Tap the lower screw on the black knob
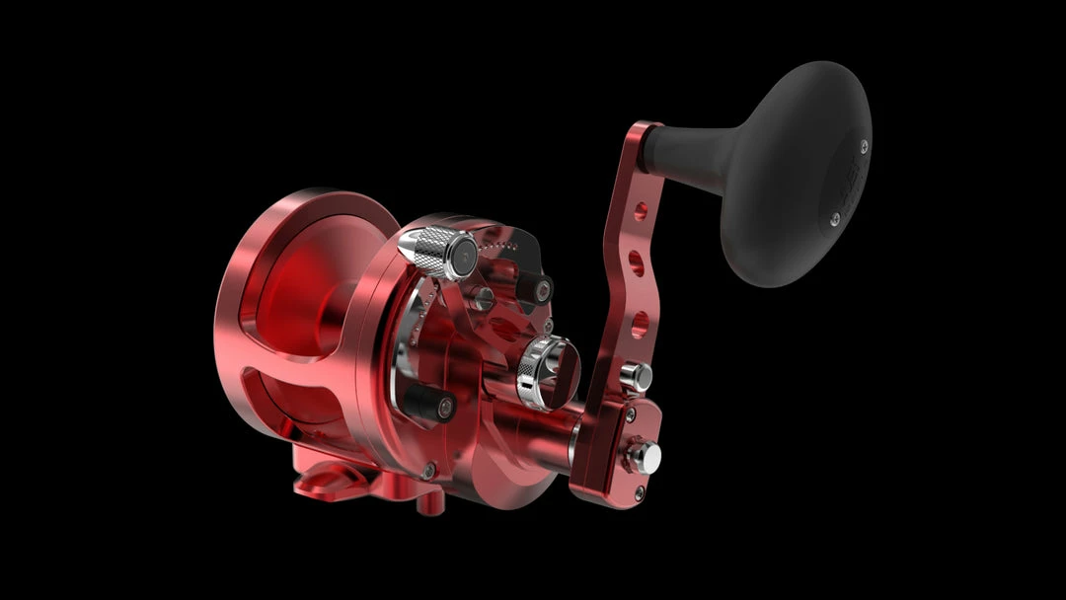click(x=834, y=219)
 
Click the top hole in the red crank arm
click(x=641, y=210)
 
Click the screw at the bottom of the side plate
click(x=427, y=472)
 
